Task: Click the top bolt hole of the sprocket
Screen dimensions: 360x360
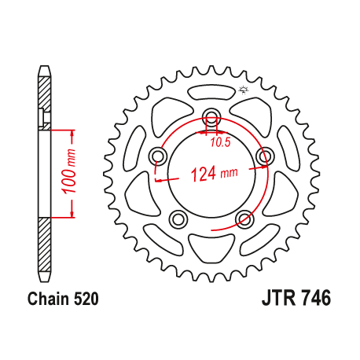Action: [x=211, y=119]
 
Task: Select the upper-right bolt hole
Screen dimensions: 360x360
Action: [x=263, y=157]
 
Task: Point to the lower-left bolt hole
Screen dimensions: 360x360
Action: [x=178, y=218]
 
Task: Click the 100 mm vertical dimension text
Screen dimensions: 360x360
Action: [x=71, y=170]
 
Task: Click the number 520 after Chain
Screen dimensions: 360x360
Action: [x=84, y=299]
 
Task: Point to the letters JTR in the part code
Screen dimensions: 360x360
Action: [x=277, y=299]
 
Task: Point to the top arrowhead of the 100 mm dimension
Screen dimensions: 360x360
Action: [x=72, y=130]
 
